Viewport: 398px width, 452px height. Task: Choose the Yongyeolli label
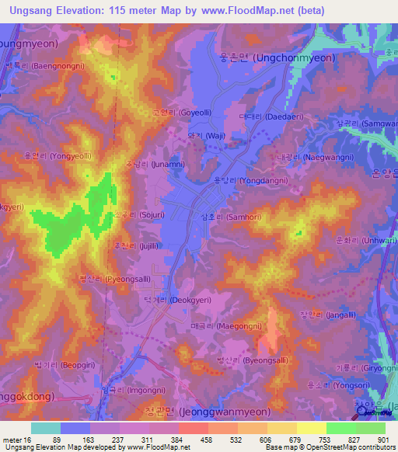point(58,156)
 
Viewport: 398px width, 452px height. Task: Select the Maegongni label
point(218,326)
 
